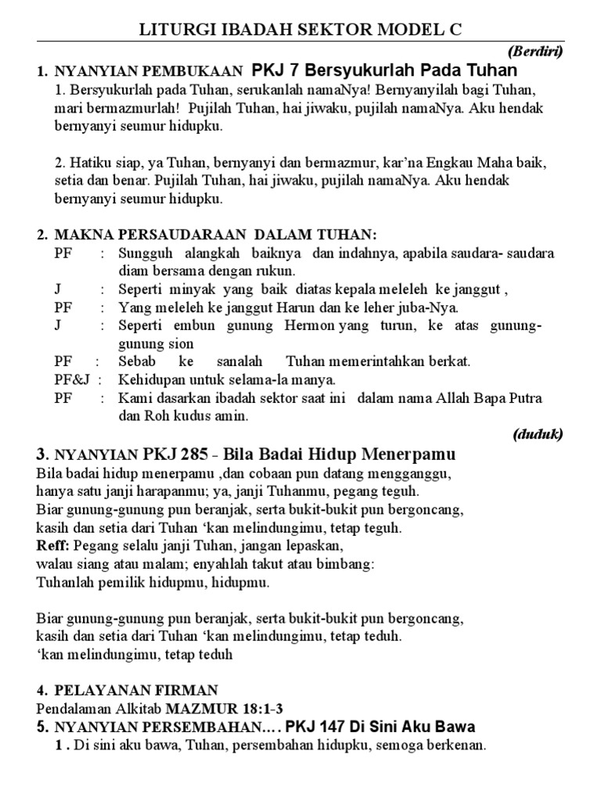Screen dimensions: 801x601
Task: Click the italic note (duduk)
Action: pyautogui.click(x=538, y=435)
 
